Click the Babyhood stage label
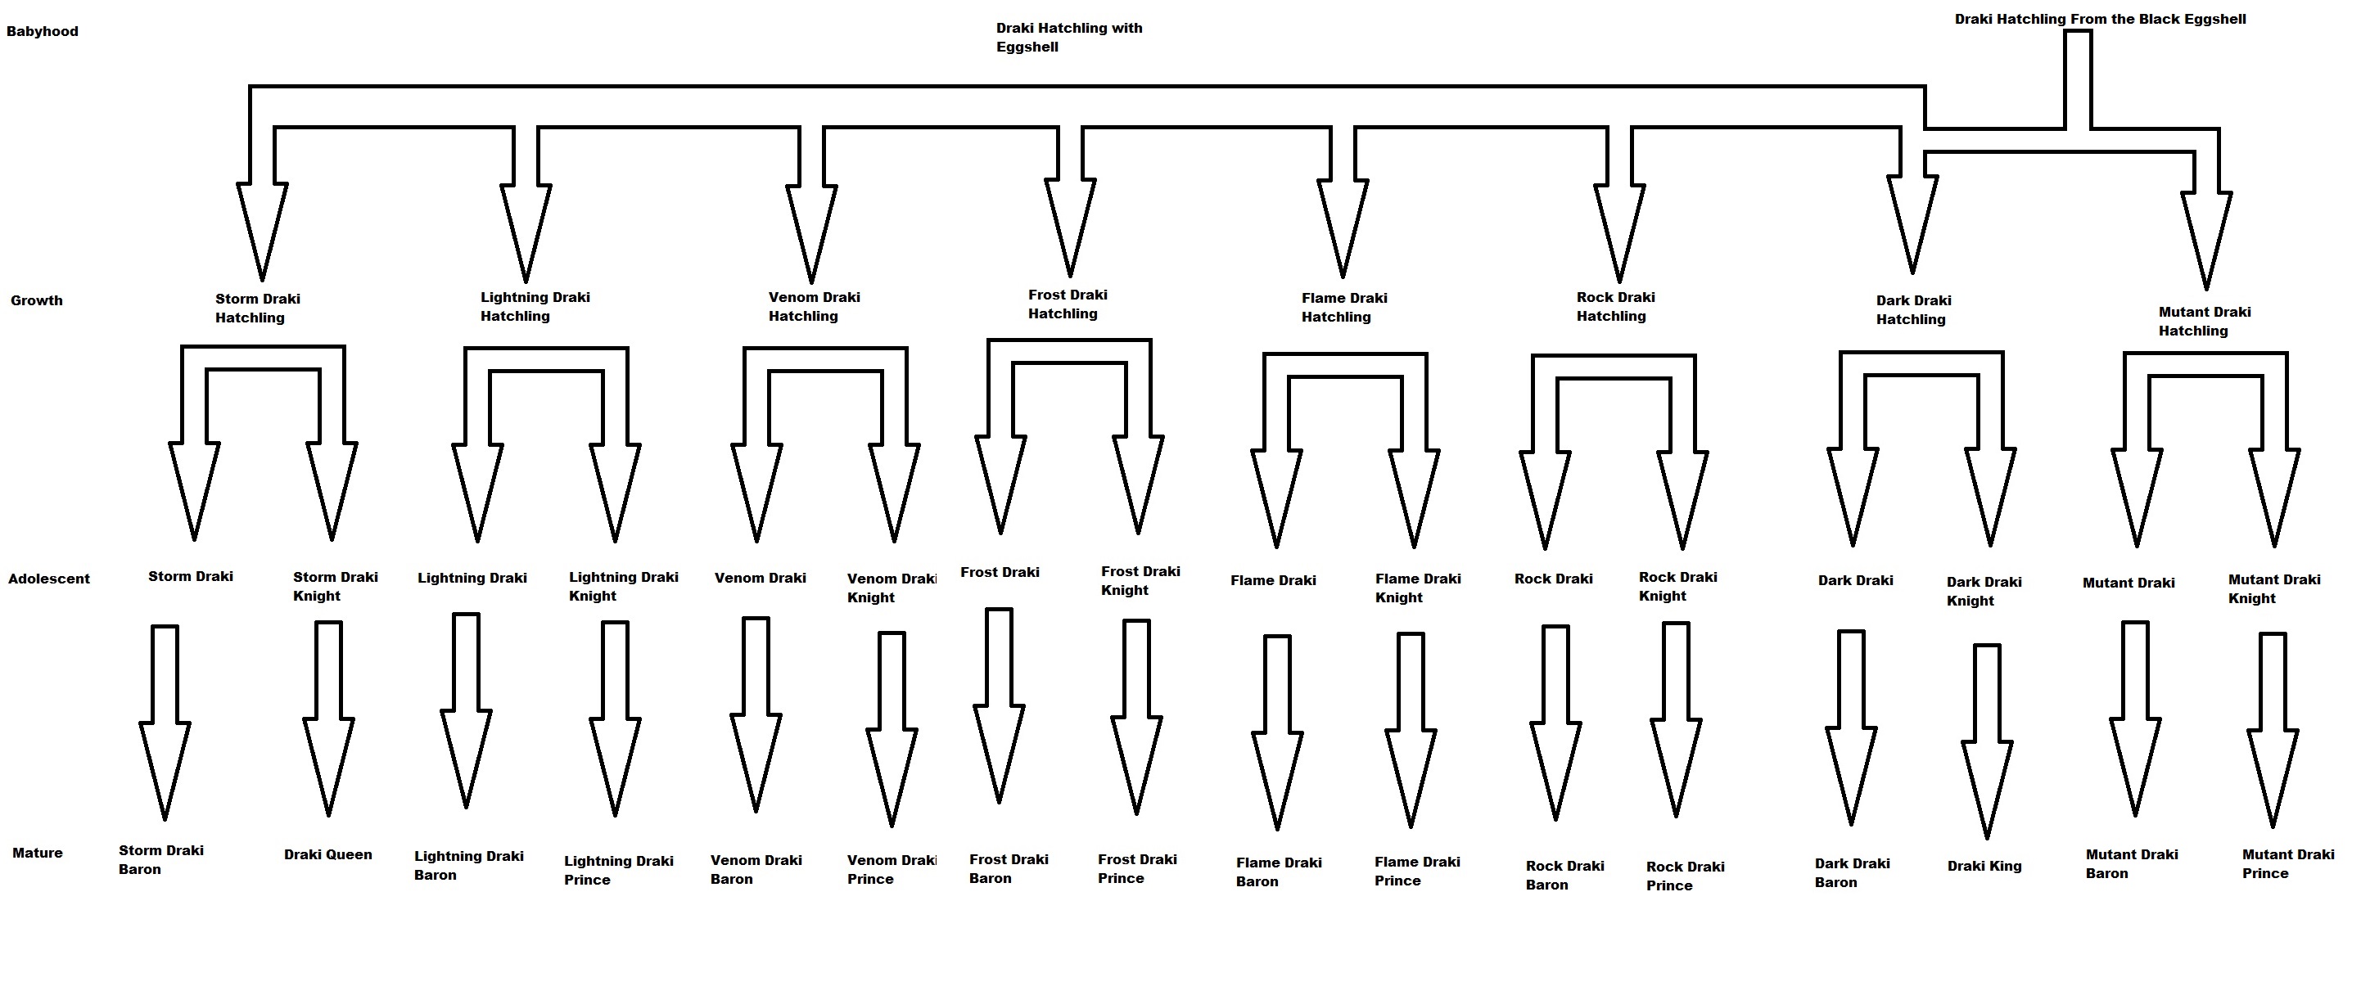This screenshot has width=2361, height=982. (43, 31)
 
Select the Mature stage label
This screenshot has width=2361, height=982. (38, 853)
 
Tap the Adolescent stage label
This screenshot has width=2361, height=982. (48, 579)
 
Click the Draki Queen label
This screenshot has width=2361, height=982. (327, 854)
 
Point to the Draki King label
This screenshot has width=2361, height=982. (1984, 866)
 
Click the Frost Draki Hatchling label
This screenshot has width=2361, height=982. (1067, 304)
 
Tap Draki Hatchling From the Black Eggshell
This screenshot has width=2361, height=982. (2100, 20)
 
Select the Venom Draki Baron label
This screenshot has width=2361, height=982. (756, 869)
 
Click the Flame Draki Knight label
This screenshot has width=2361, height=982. (1417, 588)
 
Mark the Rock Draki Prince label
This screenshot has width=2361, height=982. (1685, 876)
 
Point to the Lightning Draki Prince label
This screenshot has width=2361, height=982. (618, 870)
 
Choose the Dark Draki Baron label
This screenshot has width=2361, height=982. (1852, 873)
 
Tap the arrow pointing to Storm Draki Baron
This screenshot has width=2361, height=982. (165, 723)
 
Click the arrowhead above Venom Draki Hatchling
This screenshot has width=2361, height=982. (811, 229)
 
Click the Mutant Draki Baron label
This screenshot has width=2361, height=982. (2131, 864)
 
